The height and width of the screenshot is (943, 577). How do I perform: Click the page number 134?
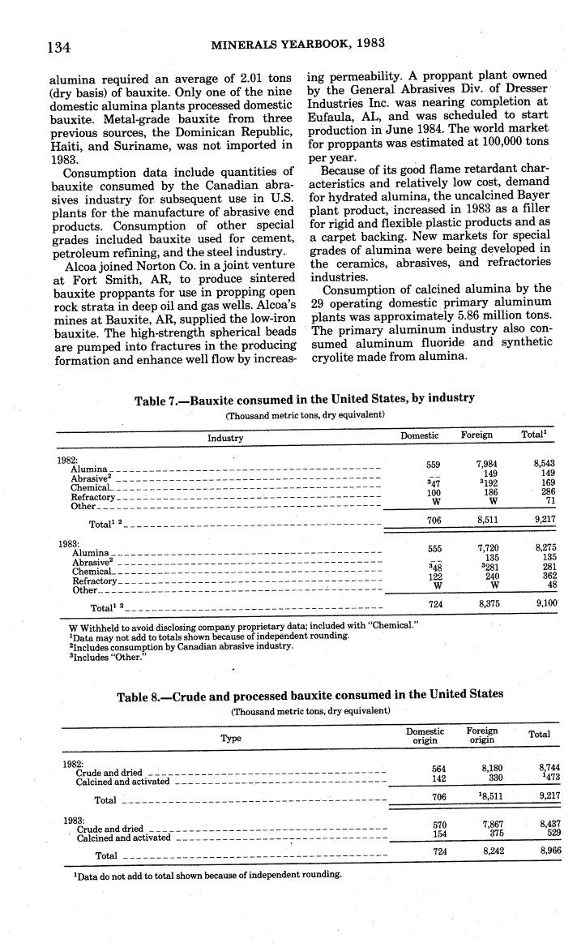[58, 46]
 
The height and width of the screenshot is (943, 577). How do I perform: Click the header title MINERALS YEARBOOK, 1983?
[297, 43]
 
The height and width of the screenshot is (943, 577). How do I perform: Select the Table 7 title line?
[304, 398]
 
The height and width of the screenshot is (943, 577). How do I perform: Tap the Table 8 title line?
[310, 694]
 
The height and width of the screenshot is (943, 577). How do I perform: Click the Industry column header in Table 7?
[225, 437]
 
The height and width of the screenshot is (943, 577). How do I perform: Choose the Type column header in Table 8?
[232, 739]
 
